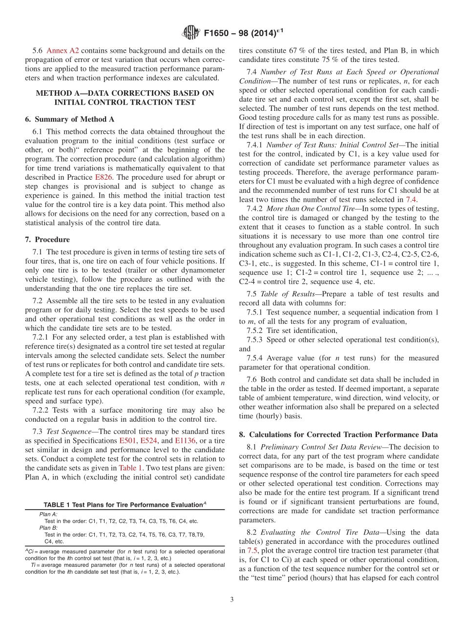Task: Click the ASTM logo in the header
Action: [190, 33]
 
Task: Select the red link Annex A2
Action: [63, 50]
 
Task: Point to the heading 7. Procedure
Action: [47, 239]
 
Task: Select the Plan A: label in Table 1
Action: [48, 514]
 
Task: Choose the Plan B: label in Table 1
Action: [48, 528]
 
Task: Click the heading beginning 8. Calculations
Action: [338, 435]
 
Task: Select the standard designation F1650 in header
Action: [218, 33]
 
